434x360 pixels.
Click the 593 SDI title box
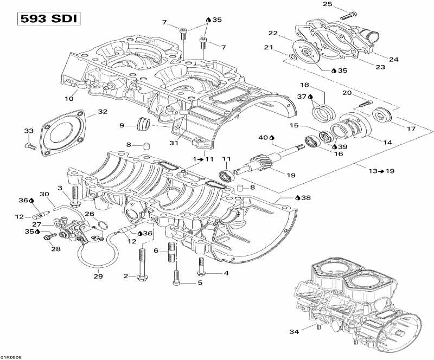(x=48, y=19)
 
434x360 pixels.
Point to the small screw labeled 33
(x=30, y=145)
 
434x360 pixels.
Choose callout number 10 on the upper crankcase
(x=69, y=99)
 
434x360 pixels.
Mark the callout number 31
(x=174, y=143)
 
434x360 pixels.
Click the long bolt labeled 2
(x=143, y=269)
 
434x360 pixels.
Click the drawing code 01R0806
(x=11, y=356)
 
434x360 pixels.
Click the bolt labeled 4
(x=201, y=266)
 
